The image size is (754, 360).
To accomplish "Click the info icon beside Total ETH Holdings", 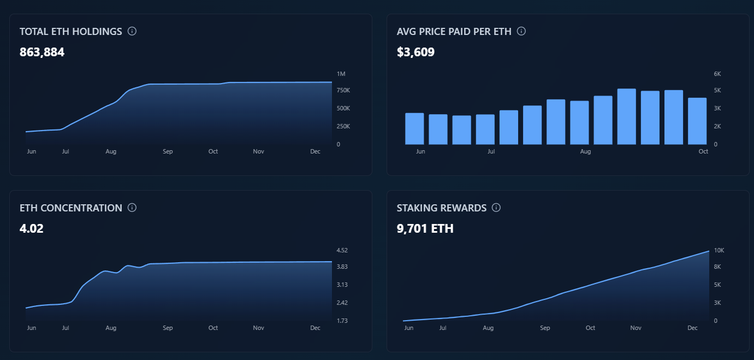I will click(132, 31).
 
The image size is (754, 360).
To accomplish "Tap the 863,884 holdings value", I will click(42, 52).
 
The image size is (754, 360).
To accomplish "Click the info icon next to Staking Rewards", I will click(496, 208).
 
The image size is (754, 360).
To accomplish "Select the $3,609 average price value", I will click(415, 52).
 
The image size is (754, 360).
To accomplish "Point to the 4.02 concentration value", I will click(31, 229).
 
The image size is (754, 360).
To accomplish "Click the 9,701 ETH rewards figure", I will click(425, 229).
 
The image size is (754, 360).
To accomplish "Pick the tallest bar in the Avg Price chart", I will click(626, 116).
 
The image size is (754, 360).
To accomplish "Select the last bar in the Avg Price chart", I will click(697, 121).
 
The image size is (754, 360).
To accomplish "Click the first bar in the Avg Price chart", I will click(414, 128).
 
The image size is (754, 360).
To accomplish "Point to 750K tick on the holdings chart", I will click(343, 90).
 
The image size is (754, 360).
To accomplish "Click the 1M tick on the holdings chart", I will click(341, 74).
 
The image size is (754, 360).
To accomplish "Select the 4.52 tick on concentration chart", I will click(342, 250).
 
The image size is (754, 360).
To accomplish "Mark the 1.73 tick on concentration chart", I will click(342, 321).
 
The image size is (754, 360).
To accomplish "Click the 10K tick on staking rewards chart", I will click(719, 250).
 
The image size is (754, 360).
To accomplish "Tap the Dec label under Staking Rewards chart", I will click(692, 328).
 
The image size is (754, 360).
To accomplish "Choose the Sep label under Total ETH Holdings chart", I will click(168, 151).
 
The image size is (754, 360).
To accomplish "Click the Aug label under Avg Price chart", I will click(585, 151).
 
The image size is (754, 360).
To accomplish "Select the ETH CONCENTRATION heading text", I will click(70, 208).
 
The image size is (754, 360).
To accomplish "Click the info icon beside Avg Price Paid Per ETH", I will click(521, 31).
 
